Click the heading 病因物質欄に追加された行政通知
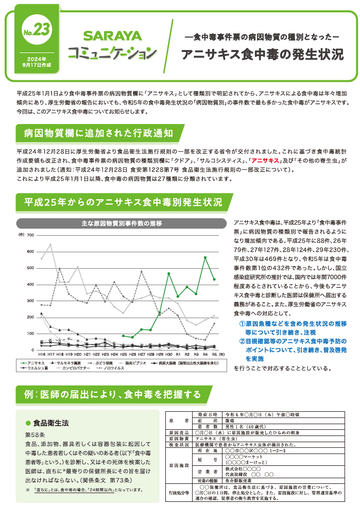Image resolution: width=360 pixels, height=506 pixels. tap(98, 134)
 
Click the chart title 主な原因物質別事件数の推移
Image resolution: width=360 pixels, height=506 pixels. tap(122, 223)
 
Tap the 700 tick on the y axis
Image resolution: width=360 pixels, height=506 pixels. tap(30, 235)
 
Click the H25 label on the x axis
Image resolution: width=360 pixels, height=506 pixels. tap(124, 355)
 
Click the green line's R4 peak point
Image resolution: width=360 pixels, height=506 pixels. tap(205, 257)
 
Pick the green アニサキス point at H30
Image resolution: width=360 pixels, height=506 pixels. tap(168, 273)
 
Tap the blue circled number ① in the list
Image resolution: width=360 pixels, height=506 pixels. tap(242, 323)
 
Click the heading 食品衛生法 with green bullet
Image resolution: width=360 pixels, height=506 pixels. tap(51, 423)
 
